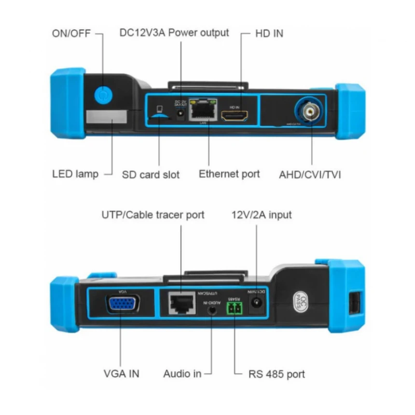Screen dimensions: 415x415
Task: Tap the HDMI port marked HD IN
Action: (235, 115)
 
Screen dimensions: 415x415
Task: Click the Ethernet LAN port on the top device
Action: (203, 110)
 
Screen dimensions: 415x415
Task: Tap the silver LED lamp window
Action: (107, 116)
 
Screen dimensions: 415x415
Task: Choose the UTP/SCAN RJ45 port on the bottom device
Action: (181, 303)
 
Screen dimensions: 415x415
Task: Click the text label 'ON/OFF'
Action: (71, 34)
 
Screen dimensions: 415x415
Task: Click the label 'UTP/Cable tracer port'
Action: (152, 214)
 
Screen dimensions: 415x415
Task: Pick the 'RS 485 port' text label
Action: (277, 373)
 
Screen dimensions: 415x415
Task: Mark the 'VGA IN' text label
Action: (122, 373)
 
